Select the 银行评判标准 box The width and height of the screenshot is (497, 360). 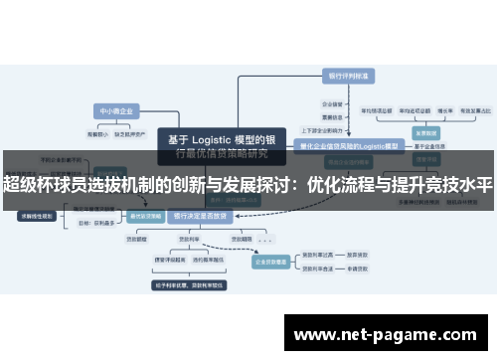[x=347, y=76]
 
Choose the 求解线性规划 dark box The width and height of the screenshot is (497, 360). [x=36, y=214]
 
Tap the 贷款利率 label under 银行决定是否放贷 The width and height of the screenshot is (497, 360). [x=185, y=240]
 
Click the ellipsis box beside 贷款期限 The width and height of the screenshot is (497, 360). [x=265, y=240]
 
